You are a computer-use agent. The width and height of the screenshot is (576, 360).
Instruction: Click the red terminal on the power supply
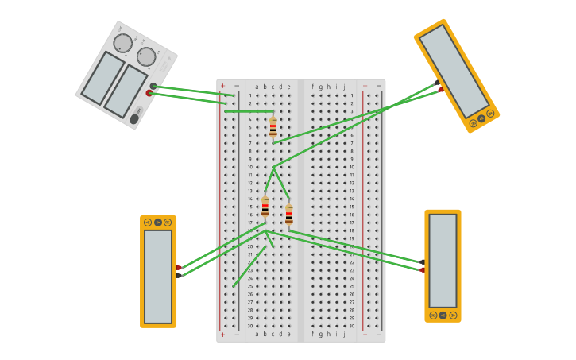149,93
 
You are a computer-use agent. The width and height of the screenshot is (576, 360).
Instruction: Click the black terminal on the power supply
153,86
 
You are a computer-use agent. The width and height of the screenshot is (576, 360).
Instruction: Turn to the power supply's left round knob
122,43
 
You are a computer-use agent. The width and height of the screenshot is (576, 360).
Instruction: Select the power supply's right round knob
146,56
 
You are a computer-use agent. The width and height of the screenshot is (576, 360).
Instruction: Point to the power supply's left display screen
102,78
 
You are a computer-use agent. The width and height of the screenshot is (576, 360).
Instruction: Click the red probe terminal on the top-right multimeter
442,90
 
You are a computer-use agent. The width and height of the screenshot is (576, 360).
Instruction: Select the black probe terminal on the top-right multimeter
437,83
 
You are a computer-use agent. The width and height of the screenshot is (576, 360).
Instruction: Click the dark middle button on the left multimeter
157,223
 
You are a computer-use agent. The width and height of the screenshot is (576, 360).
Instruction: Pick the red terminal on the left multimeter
179,267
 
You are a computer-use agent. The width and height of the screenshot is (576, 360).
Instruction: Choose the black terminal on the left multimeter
179,275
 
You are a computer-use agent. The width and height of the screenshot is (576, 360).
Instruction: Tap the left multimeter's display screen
157,276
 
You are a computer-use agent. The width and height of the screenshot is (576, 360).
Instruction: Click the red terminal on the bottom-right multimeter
422,270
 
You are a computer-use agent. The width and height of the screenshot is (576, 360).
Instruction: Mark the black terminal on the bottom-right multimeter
422,261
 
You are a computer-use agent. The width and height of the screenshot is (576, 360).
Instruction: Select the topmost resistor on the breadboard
273,127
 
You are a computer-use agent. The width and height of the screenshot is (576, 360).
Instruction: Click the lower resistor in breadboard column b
265,207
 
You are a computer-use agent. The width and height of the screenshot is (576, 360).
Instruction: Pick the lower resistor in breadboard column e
288,215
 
